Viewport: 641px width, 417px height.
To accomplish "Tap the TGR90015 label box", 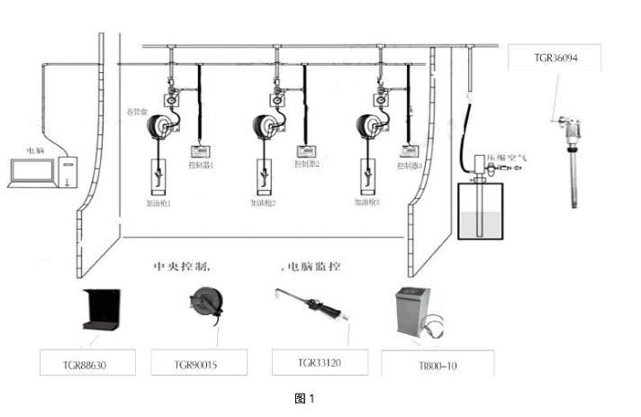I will pyautogui.click(x=196, y=363).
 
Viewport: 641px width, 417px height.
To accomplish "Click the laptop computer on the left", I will pyautogui.click(x=29, y=173).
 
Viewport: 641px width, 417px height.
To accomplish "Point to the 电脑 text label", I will pyautogui.click(x=36, y=151).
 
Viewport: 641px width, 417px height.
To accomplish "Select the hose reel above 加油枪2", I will pyautogui.click(x=266, y=126).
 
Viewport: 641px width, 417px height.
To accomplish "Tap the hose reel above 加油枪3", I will pyautogui.click(x=371, y=126).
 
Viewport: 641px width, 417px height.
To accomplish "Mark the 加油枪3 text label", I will pyautogui.click(x=366, y=203).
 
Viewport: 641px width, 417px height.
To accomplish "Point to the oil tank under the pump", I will pyautogui.click(x=480, y=209).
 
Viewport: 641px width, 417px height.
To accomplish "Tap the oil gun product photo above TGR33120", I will pyautogui.click(x=311, y=306).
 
